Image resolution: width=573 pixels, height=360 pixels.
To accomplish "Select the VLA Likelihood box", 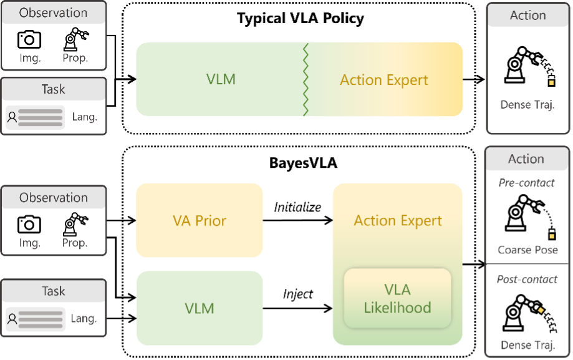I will pyautogui.click(x=397, y=298).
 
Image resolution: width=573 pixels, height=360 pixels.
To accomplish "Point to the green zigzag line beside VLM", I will pyautogui.click(x=306, y=80).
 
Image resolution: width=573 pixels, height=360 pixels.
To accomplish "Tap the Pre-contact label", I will pyautogui.click(x=526, y=183).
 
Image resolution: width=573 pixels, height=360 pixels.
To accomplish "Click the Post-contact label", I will pyautogui.click(x=527, y=280).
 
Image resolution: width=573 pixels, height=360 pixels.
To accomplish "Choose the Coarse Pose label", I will pyautogui.click(x=527, y=250).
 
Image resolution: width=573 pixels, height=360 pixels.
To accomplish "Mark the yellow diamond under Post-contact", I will pyautogui.click(x=541, y=310).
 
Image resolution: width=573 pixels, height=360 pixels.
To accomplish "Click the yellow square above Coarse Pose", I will pyautogui.click(x=551, y=236).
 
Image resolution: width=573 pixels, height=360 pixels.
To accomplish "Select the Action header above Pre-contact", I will pyautogui.click(x=526, y=159).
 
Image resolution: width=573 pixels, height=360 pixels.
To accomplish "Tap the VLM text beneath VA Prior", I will pyautogui.click(x=200, y=308).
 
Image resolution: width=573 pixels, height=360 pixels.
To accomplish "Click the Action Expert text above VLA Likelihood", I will pyautogui.click(x=398, y=221).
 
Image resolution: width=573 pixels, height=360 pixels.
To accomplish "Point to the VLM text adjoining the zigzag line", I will pyautogui.click(x=221, y=80).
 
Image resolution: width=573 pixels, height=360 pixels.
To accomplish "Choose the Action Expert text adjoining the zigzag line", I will pyautogui.click(x=384, y=80).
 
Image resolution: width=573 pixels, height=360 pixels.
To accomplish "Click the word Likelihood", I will pyautogui.click(x=398, y=307).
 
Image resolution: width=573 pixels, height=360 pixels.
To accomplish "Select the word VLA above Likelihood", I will pyautogui.click(x=398, y=290).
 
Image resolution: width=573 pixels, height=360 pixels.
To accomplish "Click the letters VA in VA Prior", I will pyautogui.click(x=181, y=221).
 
